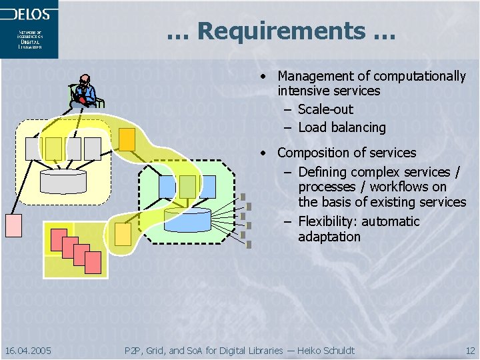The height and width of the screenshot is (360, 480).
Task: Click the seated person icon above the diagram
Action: [85, 91]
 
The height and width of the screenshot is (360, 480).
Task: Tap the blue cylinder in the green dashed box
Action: [187, 219]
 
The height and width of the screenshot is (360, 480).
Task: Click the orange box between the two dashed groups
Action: [127, 138]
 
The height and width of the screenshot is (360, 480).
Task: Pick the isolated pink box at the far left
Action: [13, 225]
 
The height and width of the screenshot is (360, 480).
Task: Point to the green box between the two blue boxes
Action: [187, 185]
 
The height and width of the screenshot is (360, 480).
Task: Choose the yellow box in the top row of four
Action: [53, 148]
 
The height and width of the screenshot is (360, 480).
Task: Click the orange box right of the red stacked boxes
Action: [123, 233]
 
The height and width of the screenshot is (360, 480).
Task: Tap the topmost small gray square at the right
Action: [244, 198]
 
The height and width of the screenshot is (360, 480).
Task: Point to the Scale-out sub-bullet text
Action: [325, 109]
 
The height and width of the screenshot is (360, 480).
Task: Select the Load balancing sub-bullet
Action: [342, 127]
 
